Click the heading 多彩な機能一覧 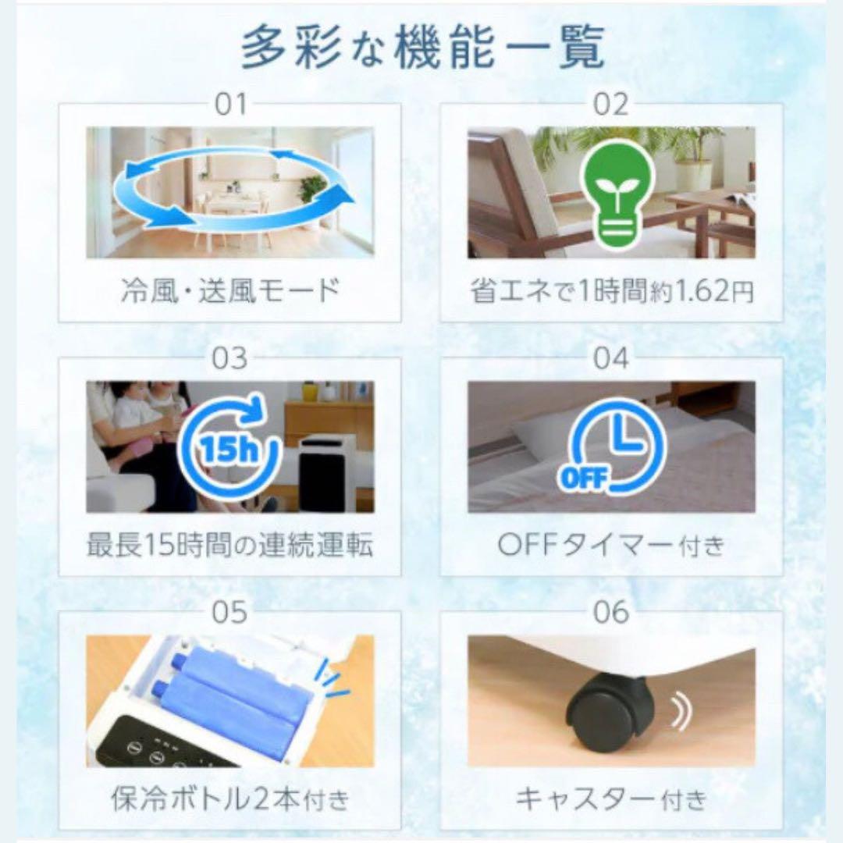pos(422,48)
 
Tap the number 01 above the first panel pos(230,104)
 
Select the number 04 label pos(611,358)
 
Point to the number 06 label pos(611,613)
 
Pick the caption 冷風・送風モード pos(230,291)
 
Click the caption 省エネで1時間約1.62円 pos(612,291)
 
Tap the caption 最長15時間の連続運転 pos(230,546)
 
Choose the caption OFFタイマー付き pos(612,546)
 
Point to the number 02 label pos(611,104)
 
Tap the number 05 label pos(230,613)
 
